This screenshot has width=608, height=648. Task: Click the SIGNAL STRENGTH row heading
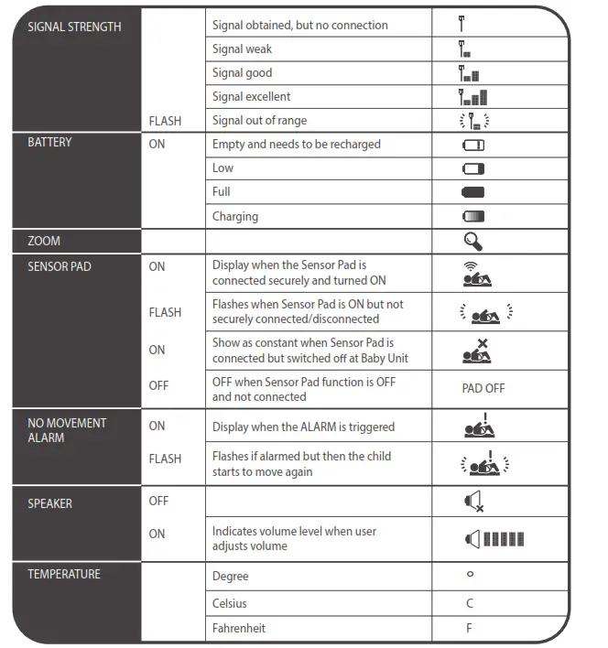pyautogui.click(x=74, y=27)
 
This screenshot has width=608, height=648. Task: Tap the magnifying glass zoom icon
pyautogui.click(x=473, y=241)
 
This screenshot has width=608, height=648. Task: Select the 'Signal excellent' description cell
pyautogui.click(x=251, y=97)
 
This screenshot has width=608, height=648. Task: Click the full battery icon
pyautogui.click(x=473, y=192)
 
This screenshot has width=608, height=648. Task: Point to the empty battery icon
pyautogui.click(x=473, y=145)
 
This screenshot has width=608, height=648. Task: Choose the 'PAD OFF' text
pyautogui.click(x=483, y=388)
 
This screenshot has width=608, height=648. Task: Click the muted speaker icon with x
pyautogui.click(x=474, y=502)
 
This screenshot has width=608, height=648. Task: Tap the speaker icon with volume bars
pyautogui.click(x=494, y=539)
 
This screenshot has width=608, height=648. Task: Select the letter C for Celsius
pyautogui.click(x=470, y=604)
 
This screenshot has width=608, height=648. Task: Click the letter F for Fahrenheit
pyautogui.click(x=470, y=629)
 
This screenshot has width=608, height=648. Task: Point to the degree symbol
pyautogui.click(x=470, y=575)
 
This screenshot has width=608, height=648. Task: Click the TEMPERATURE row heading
pyautogui.click(x=64, y=574)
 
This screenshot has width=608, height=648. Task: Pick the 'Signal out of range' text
pyautogui.click(x=259, y=121)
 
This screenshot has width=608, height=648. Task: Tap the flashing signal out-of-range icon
pyautogui.click(x=474, y=121)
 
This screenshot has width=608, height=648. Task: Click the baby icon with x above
pyautogui.click(x=477, y=351)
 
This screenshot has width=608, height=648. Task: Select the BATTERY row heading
pyautogui.click(x=49, y=143)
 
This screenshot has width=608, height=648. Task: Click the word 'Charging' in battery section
pyautogui.click(x=235, y=217)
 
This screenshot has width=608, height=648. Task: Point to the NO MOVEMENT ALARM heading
pyautogui.click(x=67, y=430)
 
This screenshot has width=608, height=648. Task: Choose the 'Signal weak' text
pyautogui.click(x=242, y=49)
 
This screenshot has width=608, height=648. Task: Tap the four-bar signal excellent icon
pyautogui.click(x=473, y=97)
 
